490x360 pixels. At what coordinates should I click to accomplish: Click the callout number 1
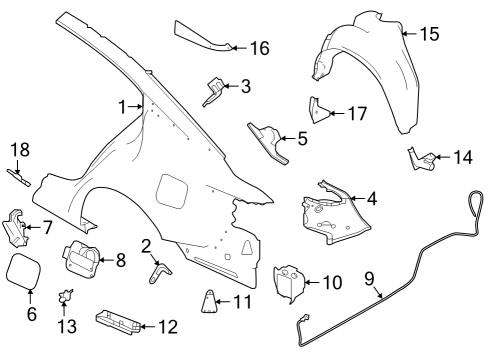click(x=124, y=107)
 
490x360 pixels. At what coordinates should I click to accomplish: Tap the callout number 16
click(x=259, y=47)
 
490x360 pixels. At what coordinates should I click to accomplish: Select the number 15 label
click(x=428, y=35)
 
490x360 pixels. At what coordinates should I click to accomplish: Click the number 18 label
click(x=20, y=149)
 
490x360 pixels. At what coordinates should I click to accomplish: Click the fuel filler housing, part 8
click(x=81, y=261)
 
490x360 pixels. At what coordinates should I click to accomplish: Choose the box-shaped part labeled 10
click(x=289, y=282)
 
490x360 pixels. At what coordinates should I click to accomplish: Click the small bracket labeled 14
click(x=422, y=157)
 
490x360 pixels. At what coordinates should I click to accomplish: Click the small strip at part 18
click(x=19, y=176)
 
